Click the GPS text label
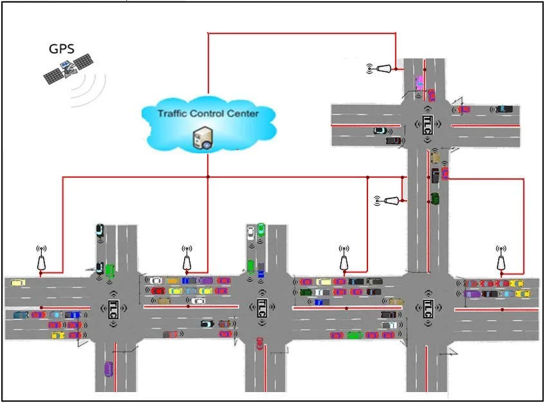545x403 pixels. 61,49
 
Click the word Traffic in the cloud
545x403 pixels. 174,113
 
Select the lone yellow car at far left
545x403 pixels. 18,282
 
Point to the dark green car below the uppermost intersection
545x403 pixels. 435,198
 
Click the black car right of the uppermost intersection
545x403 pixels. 504,109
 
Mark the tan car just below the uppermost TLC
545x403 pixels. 436,156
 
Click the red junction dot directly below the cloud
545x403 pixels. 208,177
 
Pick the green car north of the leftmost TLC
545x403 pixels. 109,270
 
